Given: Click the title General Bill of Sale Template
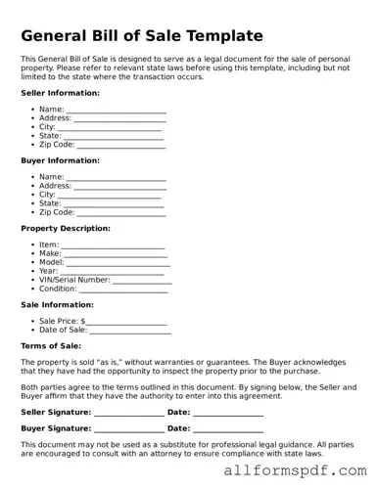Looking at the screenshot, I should tap(142, 36).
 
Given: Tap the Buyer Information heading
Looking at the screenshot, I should tap(60, 160).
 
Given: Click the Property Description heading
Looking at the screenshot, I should tap(66, 228).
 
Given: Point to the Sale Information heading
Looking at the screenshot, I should tap(58, 304).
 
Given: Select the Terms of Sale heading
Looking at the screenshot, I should tap(51, 346).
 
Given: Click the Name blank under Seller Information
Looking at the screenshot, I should tap(116, 111).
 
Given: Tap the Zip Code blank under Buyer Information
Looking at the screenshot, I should tap(121, 212).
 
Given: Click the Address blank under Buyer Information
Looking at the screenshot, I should tap(119, 186).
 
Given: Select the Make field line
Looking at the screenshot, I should tap(117, 254).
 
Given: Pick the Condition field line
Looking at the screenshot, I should tap(122, 289).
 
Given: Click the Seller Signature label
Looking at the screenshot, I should tap(56, 412).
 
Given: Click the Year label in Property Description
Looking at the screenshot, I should tap(48, 271).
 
